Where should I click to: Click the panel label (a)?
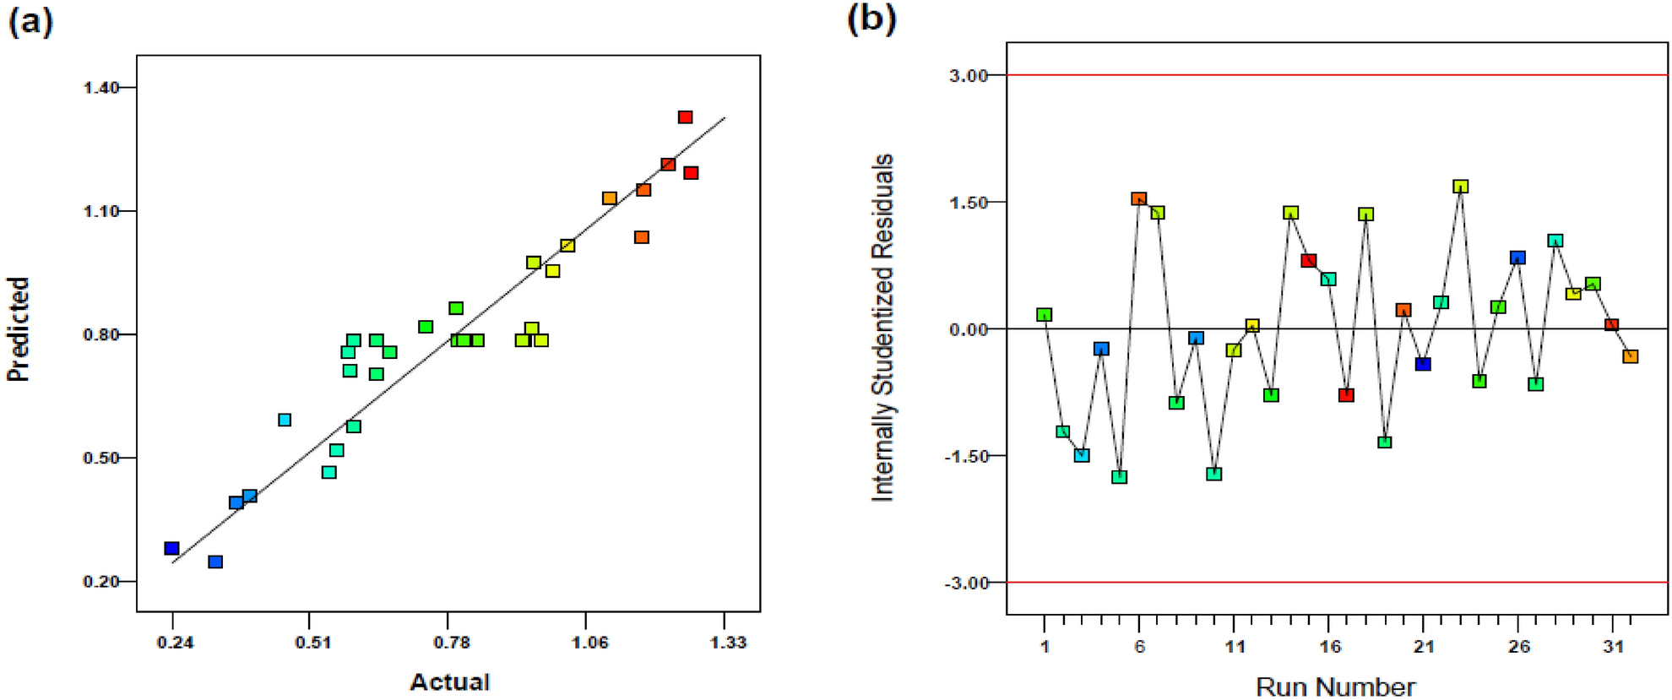(30, 20)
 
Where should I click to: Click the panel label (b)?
(871, 19)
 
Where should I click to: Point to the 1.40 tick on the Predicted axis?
(100, 88)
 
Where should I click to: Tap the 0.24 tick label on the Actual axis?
(175, 643)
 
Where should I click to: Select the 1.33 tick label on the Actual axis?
(728, 643)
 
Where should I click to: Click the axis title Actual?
(449, 682)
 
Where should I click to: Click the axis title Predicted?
(19, 329)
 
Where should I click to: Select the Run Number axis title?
(1335, 686)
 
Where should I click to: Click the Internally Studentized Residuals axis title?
(882, 328)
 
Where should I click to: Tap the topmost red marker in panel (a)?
(686, 117)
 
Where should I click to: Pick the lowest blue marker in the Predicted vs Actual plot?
(215, 562)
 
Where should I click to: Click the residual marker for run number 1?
(1045, 315)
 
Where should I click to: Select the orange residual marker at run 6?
(1139, 199)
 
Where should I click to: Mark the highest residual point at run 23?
(1461, 187)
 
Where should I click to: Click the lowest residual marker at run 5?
(1120, 477)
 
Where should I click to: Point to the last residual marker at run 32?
(1631, 356)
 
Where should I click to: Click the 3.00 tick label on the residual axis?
(968, 76)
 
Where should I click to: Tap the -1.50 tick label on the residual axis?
(965, 456)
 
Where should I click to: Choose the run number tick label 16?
(1330, 647)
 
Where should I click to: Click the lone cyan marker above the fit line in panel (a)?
(285, 420)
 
